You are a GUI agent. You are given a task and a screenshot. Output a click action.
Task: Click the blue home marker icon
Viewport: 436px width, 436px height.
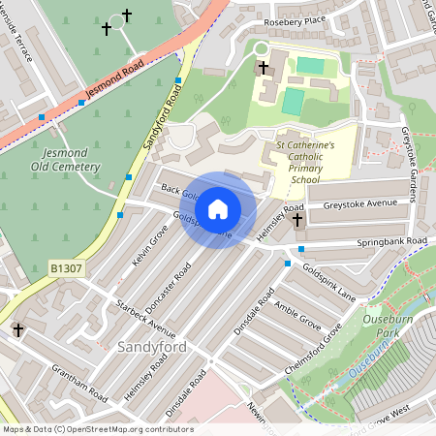(x=218, y=209)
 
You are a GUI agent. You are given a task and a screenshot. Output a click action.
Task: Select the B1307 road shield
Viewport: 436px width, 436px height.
(x=65, y=264)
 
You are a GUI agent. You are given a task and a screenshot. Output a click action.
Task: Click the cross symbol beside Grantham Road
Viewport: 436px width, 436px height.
(x=17, y=330)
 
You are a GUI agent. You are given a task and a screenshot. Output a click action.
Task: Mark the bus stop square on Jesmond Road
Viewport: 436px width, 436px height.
(x=41, y=116)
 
